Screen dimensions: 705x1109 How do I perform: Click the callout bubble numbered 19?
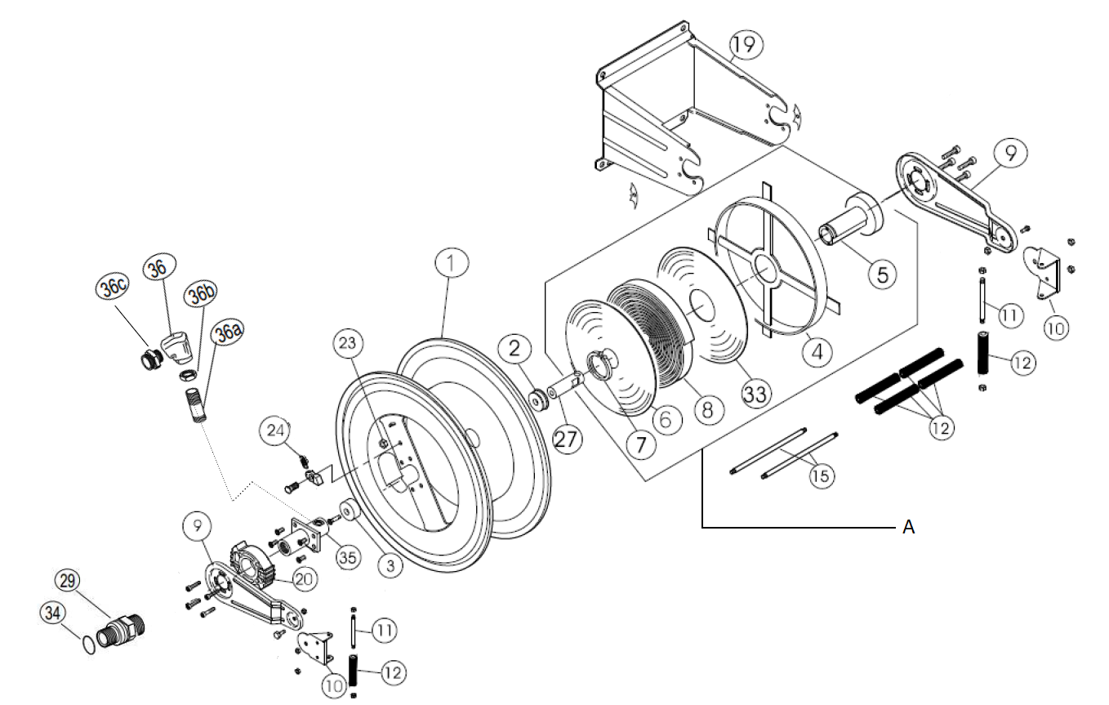(x=745, y=45)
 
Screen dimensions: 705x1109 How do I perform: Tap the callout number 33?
(x=755, y=394)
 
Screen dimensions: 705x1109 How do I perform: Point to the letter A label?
(x=908, y=528)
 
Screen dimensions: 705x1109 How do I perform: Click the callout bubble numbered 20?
(x=303, y=578)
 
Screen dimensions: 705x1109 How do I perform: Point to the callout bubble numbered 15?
(x=822, y=475)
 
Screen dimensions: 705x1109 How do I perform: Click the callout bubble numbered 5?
(x=882, y=274)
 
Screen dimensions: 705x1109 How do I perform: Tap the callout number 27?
(x=567, y=438)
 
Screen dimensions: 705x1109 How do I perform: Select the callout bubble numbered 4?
(x=817, y=353)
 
